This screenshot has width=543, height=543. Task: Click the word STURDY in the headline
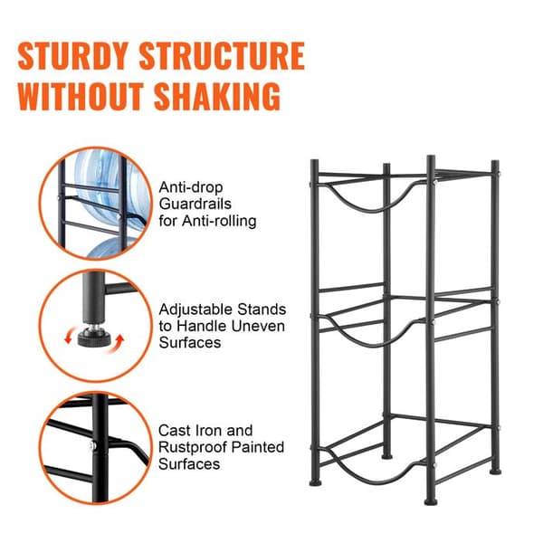[73, 56]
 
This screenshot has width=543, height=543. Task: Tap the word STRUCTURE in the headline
[222, 56]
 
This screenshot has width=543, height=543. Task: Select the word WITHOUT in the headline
[81, 96]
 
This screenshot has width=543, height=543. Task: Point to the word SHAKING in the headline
[217, 96]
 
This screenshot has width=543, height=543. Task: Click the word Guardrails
[195, 204]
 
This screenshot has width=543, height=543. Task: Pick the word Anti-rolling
[219, 221]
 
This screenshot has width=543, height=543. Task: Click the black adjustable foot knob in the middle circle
[94, 338]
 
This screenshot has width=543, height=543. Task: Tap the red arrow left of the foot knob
[69, 336]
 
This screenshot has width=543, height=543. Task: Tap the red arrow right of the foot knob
[119, 343]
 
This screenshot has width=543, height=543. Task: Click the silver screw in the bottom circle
[93, 445]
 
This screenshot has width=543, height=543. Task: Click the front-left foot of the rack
[315, 482]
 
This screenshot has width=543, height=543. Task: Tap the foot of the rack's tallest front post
[431, 501]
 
